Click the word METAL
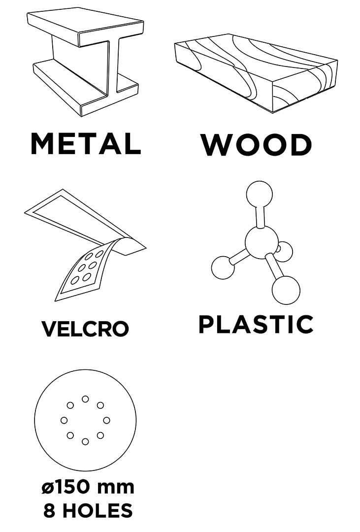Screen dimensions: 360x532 click(x=86, y=143)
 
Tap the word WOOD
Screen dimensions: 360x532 click(x=257, y=145)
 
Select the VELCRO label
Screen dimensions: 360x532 click(x=85, y=329)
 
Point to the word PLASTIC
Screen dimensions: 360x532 click(x=256, y=324)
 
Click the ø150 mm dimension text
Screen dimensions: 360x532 click(x=88, y=487)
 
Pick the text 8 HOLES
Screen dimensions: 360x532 click(x=88, y=510)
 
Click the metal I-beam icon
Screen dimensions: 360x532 click(x=85, y=64)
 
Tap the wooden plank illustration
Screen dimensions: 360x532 click(x=256, y=73)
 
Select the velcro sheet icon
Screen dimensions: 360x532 click(x=85, y=245)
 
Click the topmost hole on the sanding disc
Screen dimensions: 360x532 click(x=85, y=399)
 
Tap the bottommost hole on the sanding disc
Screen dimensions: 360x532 click(x=85, y=441)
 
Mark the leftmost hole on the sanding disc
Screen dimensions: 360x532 click(x=64, y=420)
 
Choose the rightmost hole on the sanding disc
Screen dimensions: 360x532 click(x=106, y=420)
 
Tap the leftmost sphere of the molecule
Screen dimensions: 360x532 click(x=223, y=267)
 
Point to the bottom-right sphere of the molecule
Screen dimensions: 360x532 click(x=286, y=290)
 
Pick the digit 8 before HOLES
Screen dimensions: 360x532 click(x=49, y=510)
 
